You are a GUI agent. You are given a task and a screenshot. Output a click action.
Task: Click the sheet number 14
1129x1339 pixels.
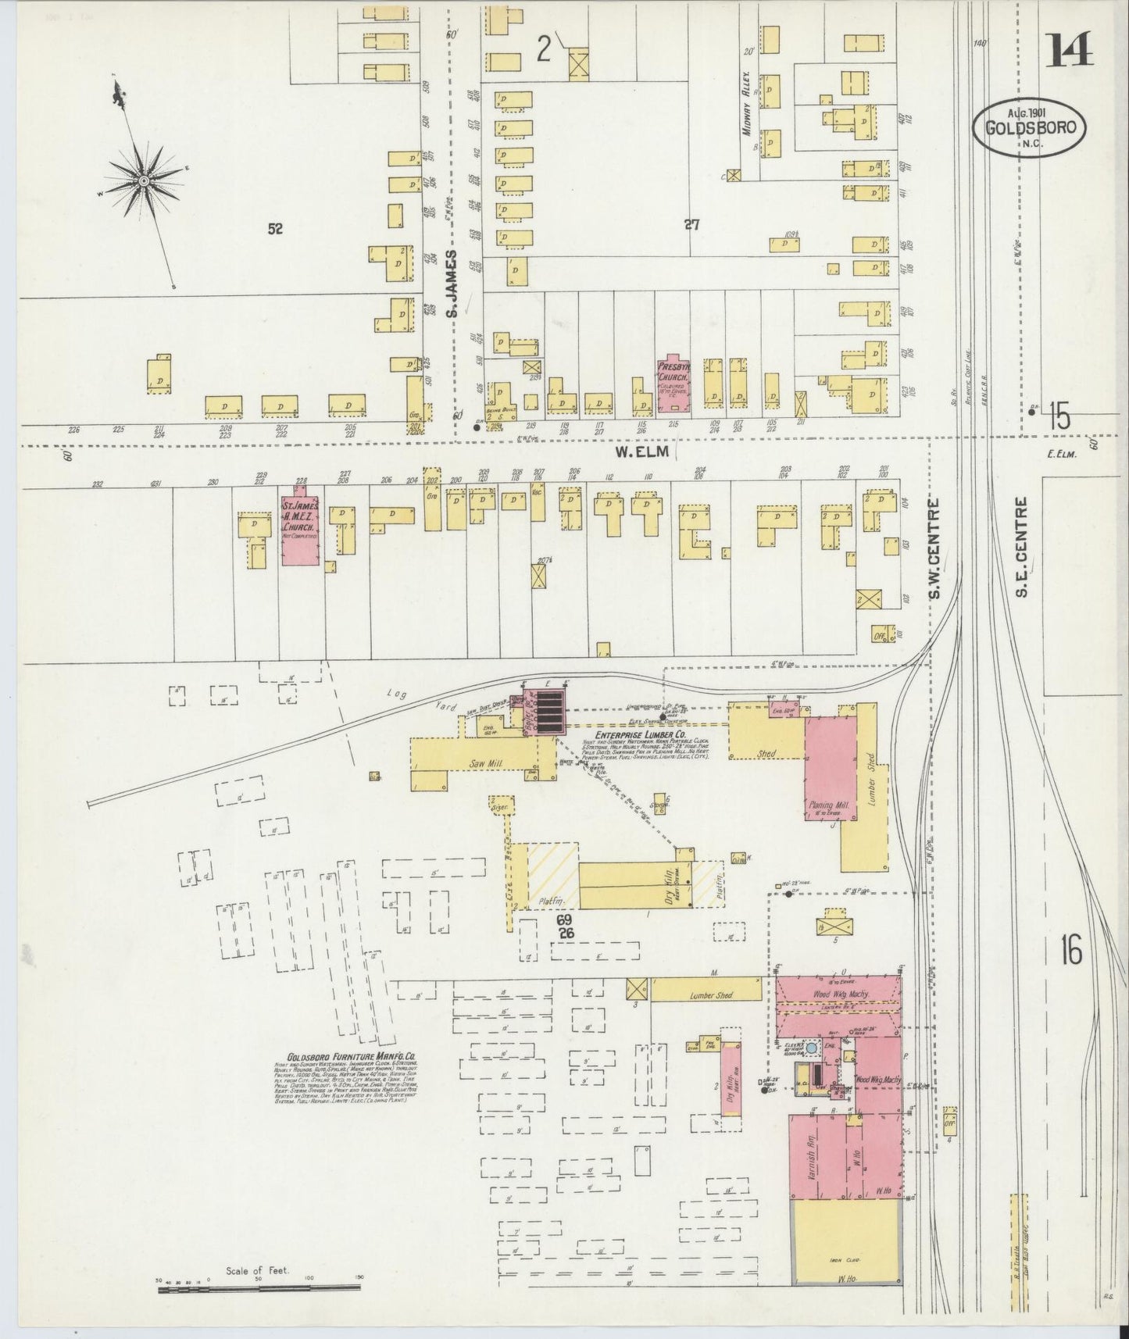click(x=1070, y=52)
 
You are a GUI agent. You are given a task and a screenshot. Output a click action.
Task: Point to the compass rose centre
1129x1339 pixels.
click(x=145, y=181)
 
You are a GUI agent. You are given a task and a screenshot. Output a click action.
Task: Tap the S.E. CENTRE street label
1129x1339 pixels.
click(x=1021, y=547)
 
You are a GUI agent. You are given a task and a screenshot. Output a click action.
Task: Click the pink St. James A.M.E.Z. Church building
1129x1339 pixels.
click(x=300, y=528)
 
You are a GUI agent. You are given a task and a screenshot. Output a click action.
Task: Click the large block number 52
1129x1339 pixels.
click(x=274, y=228)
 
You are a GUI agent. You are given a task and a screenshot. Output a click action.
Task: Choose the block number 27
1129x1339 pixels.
click(x=691, y=225)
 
